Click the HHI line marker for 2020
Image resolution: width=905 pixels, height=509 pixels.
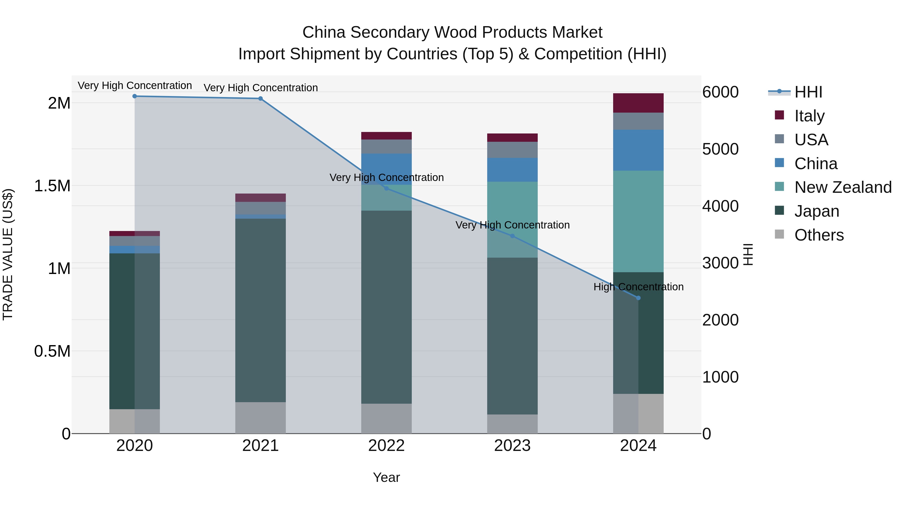click(134, 96)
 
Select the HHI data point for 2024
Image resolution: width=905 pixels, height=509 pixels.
click(638, 298)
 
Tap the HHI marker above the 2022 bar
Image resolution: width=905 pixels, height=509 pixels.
click(386, 188)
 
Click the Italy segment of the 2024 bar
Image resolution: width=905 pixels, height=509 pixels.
click(638, 103)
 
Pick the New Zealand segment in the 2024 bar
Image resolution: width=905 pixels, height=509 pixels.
click(638, 221)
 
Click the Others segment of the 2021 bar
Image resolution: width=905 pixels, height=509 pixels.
click(260, 418)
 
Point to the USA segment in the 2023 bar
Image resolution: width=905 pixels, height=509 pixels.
click(512, 150)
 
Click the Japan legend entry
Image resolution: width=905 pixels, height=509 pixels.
click(817, 211)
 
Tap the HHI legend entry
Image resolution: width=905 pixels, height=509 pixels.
click(808, 92)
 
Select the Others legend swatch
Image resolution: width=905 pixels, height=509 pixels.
click(779, 234)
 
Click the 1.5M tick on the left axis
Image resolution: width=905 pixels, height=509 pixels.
click(52, 186)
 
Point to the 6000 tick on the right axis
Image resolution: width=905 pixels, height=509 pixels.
click(720, 92)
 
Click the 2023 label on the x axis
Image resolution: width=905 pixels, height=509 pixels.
click(512, 446)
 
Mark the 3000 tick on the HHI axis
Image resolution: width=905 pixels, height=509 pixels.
click(720, 263)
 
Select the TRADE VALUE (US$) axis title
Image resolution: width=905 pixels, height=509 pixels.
click(8, 254)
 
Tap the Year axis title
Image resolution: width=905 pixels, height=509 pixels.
click(386, 477)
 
